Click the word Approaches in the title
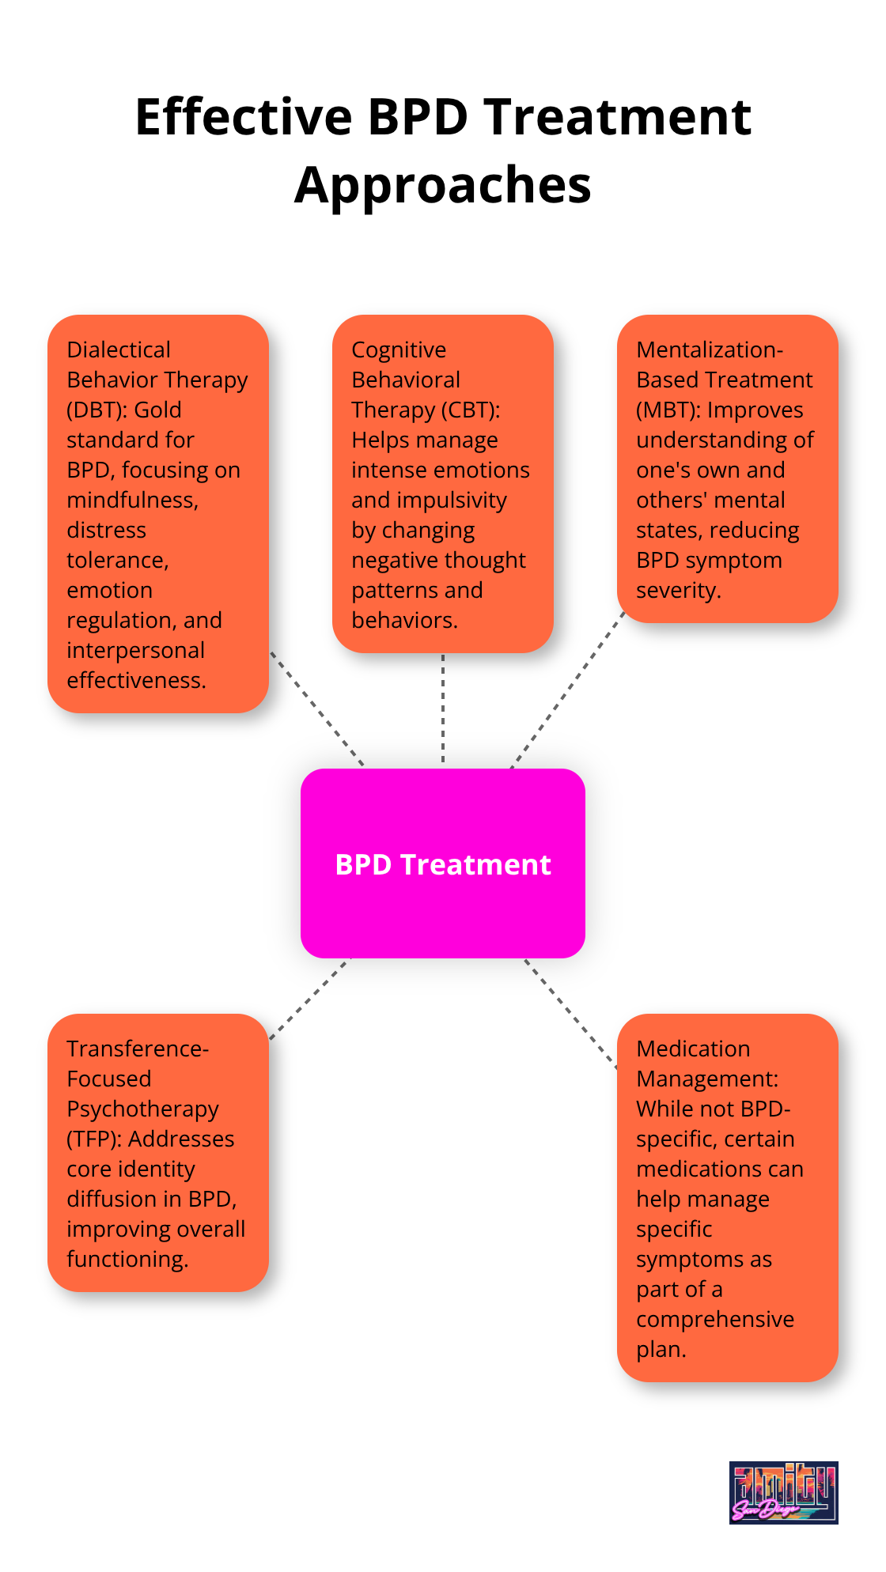[442, 186]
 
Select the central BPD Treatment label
[442, 864]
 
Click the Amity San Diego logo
[783, 1492]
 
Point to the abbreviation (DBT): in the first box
[94, 410]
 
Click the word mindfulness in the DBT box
[131, 500]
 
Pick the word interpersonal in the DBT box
[135, 650]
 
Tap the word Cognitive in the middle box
[399, 350]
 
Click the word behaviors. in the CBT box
[404, 620]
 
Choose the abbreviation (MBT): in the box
[668, 410]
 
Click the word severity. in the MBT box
[678, 590]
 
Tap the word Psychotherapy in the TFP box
[142, 1109]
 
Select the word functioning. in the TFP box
[127, 1259]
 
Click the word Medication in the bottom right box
[693, 1049]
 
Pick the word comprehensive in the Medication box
[714, 1319]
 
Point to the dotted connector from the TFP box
[310, 998]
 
